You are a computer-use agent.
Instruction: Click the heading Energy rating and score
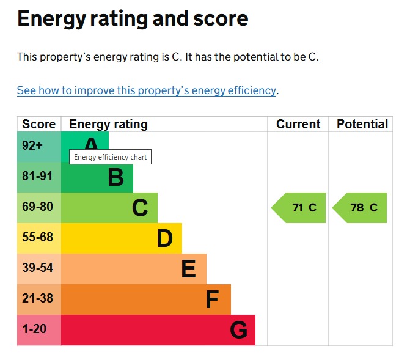click(x=133, y=19)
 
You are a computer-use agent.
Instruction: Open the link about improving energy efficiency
click(x=147, y=90)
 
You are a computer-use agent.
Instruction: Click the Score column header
click(x=38, y=124)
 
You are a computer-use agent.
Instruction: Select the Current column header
click(x=298, y=124)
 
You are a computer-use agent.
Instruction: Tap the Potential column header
click(x=362, y=124)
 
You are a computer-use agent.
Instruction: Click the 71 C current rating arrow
click(x=299, y=208)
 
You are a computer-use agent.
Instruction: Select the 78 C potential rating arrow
click(x=360, y=208)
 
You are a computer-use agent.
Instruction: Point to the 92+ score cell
click(x=33, y=146)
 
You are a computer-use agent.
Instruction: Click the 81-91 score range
click(x=38, y=177)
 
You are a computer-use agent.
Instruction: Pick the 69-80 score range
click(x=38, y=207)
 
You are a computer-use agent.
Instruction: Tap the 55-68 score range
click(x=38, y=238)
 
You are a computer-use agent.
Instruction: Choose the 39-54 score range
click(x=38, y=268)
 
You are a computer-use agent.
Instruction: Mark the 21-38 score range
click(x=38, y=299)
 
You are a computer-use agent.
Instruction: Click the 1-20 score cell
click(x=34, y=329)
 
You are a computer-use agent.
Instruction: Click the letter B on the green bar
click(x=115, y=178)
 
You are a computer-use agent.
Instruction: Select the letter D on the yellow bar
click(x=164, y=238)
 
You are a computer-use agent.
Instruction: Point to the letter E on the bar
click(x=188, y=269)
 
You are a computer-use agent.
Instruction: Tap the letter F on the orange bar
click(x=212, y=299)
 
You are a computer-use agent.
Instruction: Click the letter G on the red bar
click(x=239, y=330)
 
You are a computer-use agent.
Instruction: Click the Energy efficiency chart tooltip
click(x=110, y=157)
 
